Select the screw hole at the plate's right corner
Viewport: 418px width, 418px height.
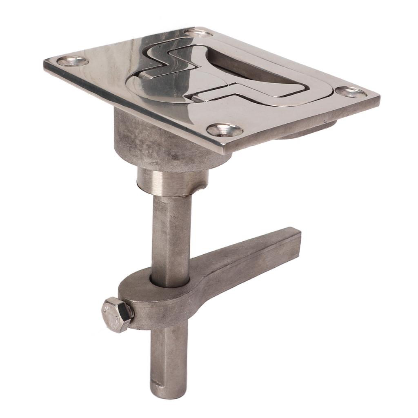point(351,92)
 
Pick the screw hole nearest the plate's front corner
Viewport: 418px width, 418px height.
point(225,130)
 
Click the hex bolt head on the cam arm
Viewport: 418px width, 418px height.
point(117,314)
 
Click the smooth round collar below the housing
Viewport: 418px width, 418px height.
point(172,182)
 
